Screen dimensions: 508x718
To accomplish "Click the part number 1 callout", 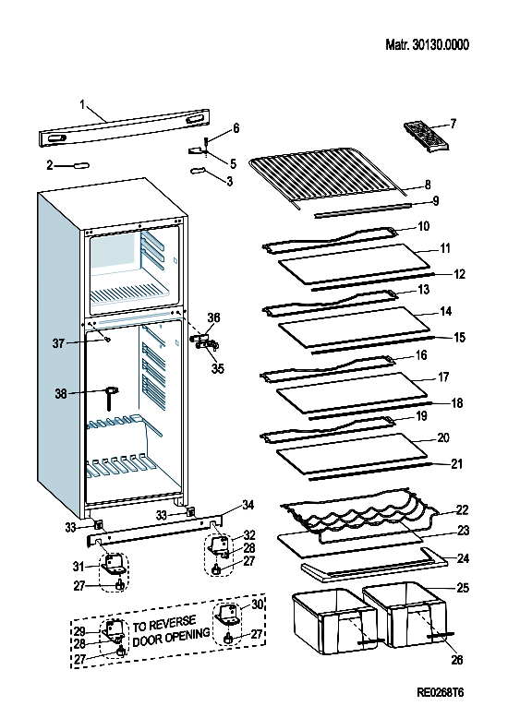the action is click(82, 105).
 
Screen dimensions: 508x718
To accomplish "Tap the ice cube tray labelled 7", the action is click(427, 137).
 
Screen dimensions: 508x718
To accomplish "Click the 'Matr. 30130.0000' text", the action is click(427, 44).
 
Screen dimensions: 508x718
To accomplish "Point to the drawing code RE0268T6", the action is click(441, 692).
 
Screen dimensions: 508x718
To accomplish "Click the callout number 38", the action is click(61, 393).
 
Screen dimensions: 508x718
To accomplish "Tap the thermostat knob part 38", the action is click(112, 397).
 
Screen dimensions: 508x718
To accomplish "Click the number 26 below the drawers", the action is click(456, 660).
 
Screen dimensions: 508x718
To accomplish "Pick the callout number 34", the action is click(248, 505).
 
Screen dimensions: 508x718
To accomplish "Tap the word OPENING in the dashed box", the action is click(186, 634).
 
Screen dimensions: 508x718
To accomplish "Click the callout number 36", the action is click(213, 317).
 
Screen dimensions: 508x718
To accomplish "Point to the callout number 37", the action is click(58, 343).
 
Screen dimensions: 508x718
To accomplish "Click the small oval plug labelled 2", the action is click(79, 165).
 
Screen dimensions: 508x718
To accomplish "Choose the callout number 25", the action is click(463, 588).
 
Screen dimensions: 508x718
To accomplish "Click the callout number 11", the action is click(445, 247).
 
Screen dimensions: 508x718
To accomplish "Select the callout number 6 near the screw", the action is click(236, 127).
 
